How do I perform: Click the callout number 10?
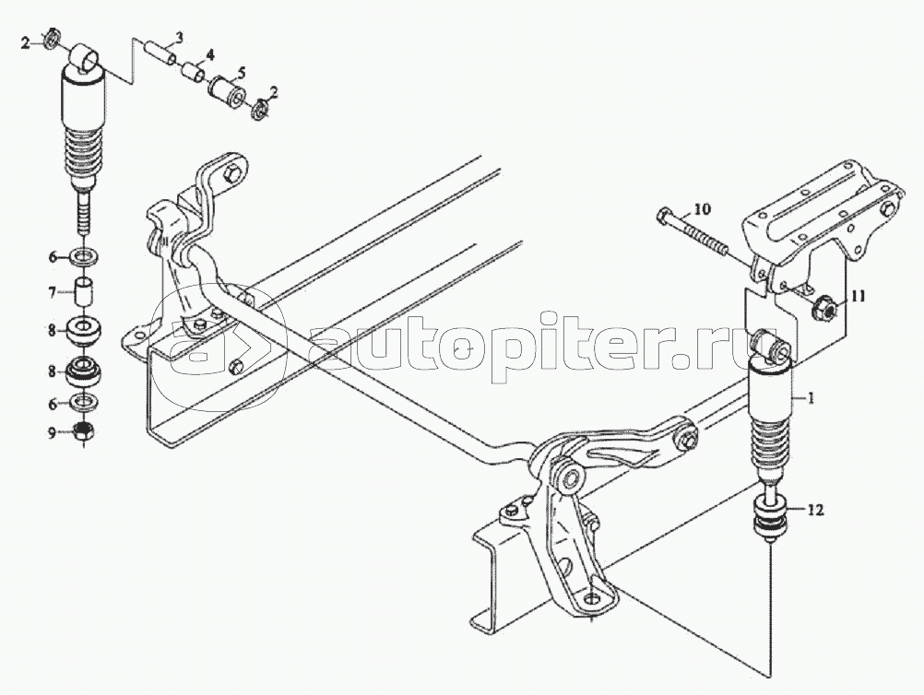click(x=703, y=209)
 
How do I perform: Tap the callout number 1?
click(x=811, y=399)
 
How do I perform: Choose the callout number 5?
click(x=241, y=74)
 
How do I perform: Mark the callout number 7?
click(x=52, y=292)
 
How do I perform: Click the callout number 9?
click(x=52, y=433)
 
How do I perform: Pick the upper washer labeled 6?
click(x=85, y=257)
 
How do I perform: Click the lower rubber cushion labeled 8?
click(x=85, y=371)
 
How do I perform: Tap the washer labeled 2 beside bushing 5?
click(x=259, y=110)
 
